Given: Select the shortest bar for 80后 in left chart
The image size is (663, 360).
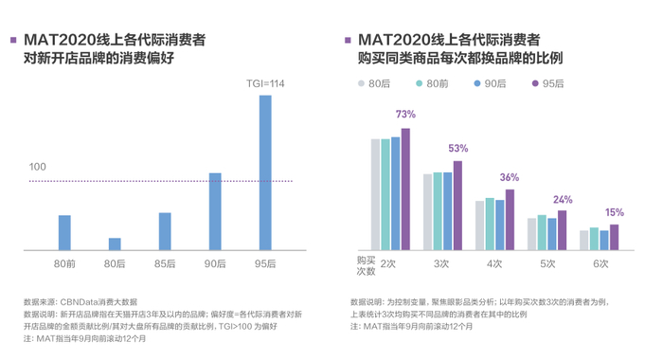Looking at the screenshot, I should pos(115,243).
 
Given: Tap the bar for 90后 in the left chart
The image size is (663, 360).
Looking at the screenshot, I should pos(215,211).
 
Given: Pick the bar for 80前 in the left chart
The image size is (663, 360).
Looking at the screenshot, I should pos(64,232).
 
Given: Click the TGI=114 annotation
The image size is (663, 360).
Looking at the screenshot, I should pos(265,84).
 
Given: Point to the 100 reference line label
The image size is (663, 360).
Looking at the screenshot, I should pos(37,167).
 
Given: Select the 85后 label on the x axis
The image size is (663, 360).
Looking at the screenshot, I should pos(165,262).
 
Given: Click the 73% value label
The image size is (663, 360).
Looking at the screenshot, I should pos(405,115).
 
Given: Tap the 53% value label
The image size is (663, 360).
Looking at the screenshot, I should pos(457,148).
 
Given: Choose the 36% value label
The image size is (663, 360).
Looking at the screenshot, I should pos(510,177).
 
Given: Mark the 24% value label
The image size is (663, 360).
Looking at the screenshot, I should pos(563,200).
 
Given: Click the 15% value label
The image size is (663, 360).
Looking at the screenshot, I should pos(615,212).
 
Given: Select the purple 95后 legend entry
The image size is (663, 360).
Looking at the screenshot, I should pos(547,83).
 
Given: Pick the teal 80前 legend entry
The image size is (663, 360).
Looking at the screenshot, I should pos(431,83).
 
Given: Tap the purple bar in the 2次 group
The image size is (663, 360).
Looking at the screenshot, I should pos(405,189).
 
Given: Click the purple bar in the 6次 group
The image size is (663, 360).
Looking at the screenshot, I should pos(614,237).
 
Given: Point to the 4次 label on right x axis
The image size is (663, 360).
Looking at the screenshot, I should pos(493,263).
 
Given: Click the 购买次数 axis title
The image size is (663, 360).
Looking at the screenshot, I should pos(366,263).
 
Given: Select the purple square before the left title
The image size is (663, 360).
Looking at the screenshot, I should pos(12,41).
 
